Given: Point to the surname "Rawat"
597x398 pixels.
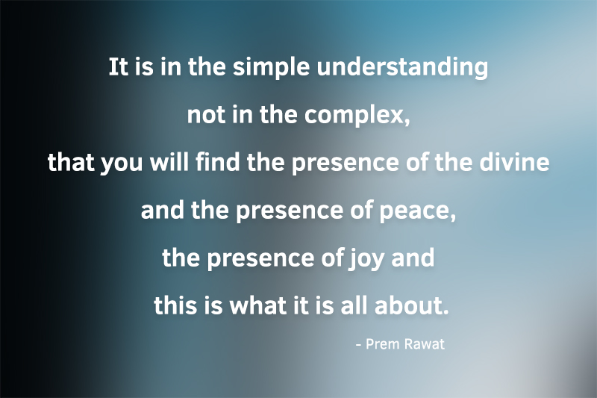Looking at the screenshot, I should (425, 345).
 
